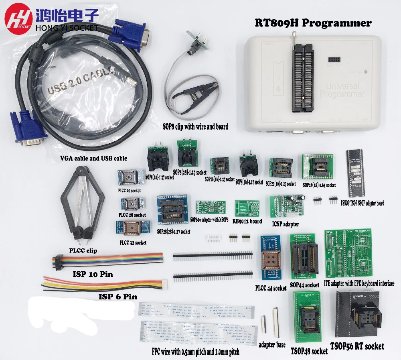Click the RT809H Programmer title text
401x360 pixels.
tap(313, 23)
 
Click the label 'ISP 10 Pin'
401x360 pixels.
tap(92, 275)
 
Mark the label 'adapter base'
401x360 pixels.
tap(272, 344)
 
